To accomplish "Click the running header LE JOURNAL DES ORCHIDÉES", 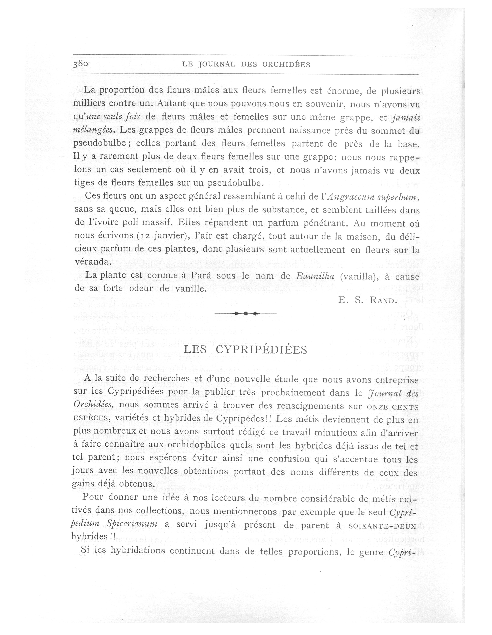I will (246, 64).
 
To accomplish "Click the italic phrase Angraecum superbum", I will (373, 197).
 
